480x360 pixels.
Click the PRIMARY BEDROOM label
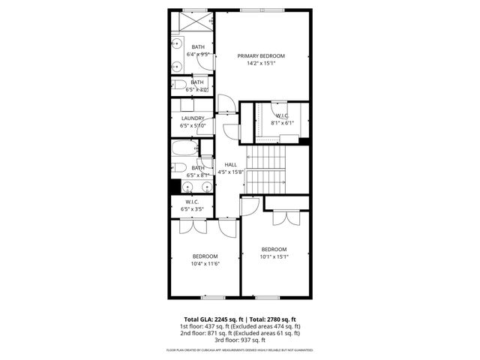pyautogui.click(x=262, y=56)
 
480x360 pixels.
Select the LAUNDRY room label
pyautogui.click(x=193, y=118)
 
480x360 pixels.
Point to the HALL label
pyautogui.click(x=231, y=164)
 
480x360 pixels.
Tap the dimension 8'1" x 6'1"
pyautogui.click(x=283, y=122)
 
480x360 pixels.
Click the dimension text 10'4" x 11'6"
pyautogui.click(x=204, y=263)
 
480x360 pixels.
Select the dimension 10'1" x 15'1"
pyautogui.click(x=274, y=256)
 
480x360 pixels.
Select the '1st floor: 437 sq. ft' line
pyautogui.click(x=241, y=326)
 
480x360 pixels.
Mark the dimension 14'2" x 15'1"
pyautogui.click(x=262, y=63)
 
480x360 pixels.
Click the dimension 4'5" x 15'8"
pyautogui.click(x=231, y=172)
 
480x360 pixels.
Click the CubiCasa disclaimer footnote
pyautogui.click(x=241, y=350)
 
